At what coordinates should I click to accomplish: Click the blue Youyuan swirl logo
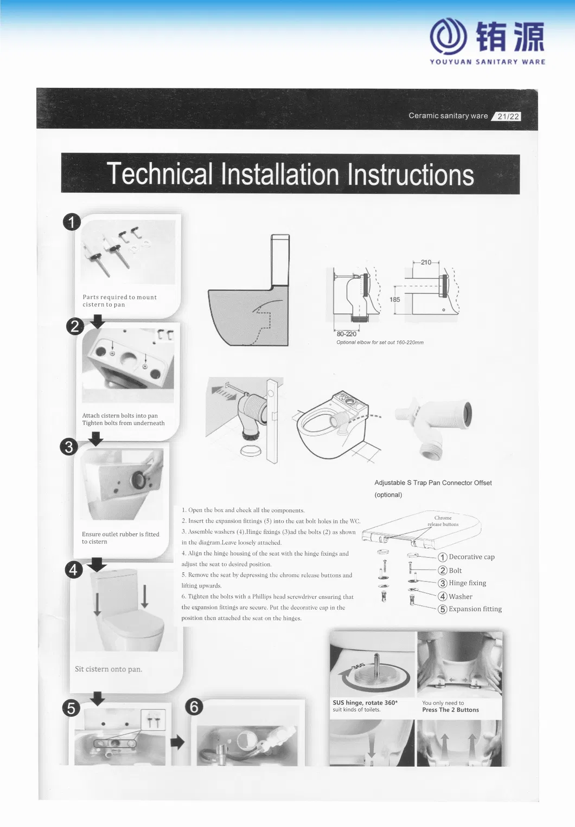click(448, 37)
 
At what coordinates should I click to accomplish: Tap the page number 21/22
click(508, 117)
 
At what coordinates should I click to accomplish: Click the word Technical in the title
click(159, 175)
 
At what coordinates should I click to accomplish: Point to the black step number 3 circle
click(69, 447)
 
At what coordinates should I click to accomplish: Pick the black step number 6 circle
click(194, 707)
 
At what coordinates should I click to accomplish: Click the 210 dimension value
click(426, 263)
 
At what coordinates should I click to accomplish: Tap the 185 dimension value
click(395, 300)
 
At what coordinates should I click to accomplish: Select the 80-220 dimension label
click(347, 334)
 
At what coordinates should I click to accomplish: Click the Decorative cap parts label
click(471, 557)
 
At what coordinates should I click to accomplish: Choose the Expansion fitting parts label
click(475, 609)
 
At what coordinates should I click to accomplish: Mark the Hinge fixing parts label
click(467, 583)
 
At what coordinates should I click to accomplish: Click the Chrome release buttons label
click(443, 521)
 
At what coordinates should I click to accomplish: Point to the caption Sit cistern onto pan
click(108, 669)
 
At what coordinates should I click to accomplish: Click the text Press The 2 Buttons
click(450, 710)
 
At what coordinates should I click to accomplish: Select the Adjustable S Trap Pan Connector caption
click(433, 483)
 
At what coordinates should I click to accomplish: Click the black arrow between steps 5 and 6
click(177, 742)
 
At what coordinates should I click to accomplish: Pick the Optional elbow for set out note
click(380, 343)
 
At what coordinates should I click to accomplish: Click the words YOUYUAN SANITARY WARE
click(487, 62)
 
